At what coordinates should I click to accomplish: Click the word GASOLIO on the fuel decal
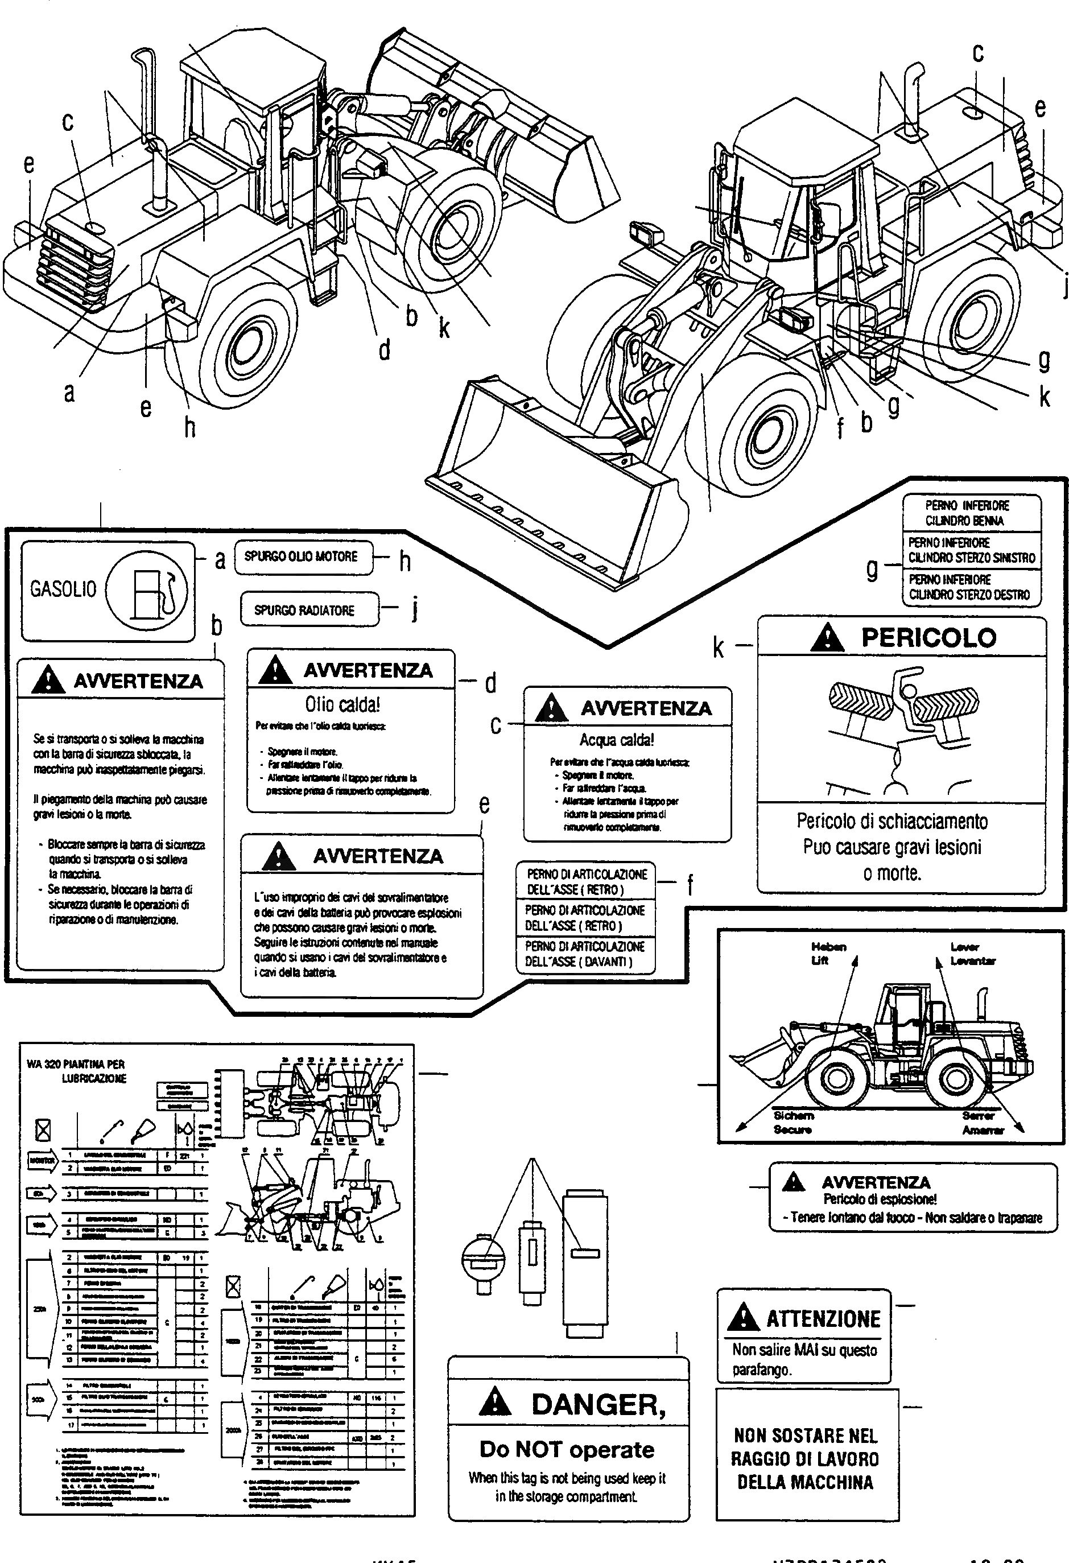point(63,589)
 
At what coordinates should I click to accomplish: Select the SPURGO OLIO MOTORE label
point(301,557)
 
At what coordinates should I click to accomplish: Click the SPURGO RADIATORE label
point(304,611)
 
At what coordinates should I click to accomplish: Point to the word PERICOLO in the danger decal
point(928,638)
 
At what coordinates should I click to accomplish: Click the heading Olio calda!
point(343,704)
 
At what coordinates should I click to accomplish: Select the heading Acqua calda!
point(617,740)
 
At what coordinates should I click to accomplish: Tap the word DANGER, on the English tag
point(599,1405)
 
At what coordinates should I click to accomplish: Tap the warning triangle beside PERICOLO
point(827,638)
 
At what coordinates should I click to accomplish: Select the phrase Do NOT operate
point(567,1449)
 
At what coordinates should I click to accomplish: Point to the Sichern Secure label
point(793,1123)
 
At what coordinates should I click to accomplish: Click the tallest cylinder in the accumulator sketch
point(585,1264)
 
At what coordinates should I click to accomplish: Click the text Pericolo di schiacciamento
point(892,821)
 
